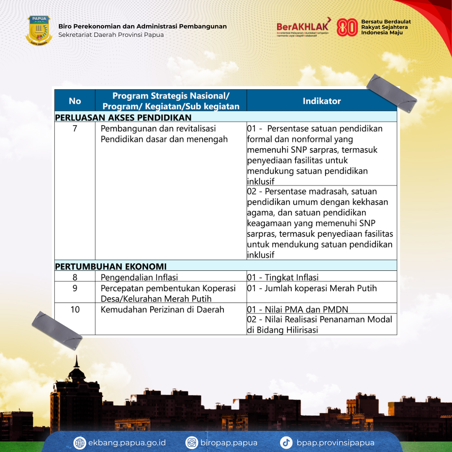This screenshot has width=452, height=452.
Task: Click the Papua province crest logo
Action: [x=39, y=30]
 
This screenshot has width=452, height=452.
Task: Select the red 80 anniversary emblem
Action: [x=347, y=27]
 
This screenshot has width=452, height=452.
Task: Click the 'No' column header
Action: [x=75, y=101]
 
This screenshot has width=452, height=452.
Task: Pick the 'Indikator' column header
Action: [x=321, y=101]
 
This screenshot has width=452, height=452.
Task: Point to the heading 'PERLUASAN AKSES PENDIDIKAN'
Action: [x=123, y=118]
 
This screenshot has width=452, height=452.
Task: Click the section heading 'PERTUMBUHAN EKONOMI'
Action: [x=111, y=266]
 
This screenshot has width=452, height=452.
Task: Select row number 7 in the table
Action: [x=75, y=128]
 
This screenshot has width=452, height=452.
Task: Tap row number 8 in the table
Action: [x=75, y=277]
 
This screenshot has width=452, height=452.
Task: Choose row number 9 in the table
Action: [x=75, y=288]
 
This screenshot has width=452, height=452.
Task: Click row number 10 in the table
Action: [x=75, y=310]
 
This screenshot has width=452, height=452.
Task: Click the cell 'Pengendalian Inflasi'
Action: [x=139, y=277]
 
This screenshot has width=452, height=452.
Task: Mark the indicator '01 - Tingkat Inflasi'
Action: [x=282, y=277]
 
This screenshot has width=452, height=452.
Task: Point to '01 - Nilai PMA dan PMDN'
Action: [x=297, y=310]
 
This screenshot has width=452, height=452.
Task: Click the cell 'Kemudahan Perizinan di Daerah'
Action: [x=162, y=310]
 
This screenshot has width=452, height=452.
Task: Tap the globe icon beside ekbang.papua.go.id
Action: [x=80, y=443]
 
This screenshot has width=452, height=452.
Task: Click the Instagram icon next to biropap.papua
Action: [x=192, y=443]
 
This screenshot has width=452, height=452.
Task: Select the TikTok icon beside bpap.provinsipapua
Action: [x=286, y=443]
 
